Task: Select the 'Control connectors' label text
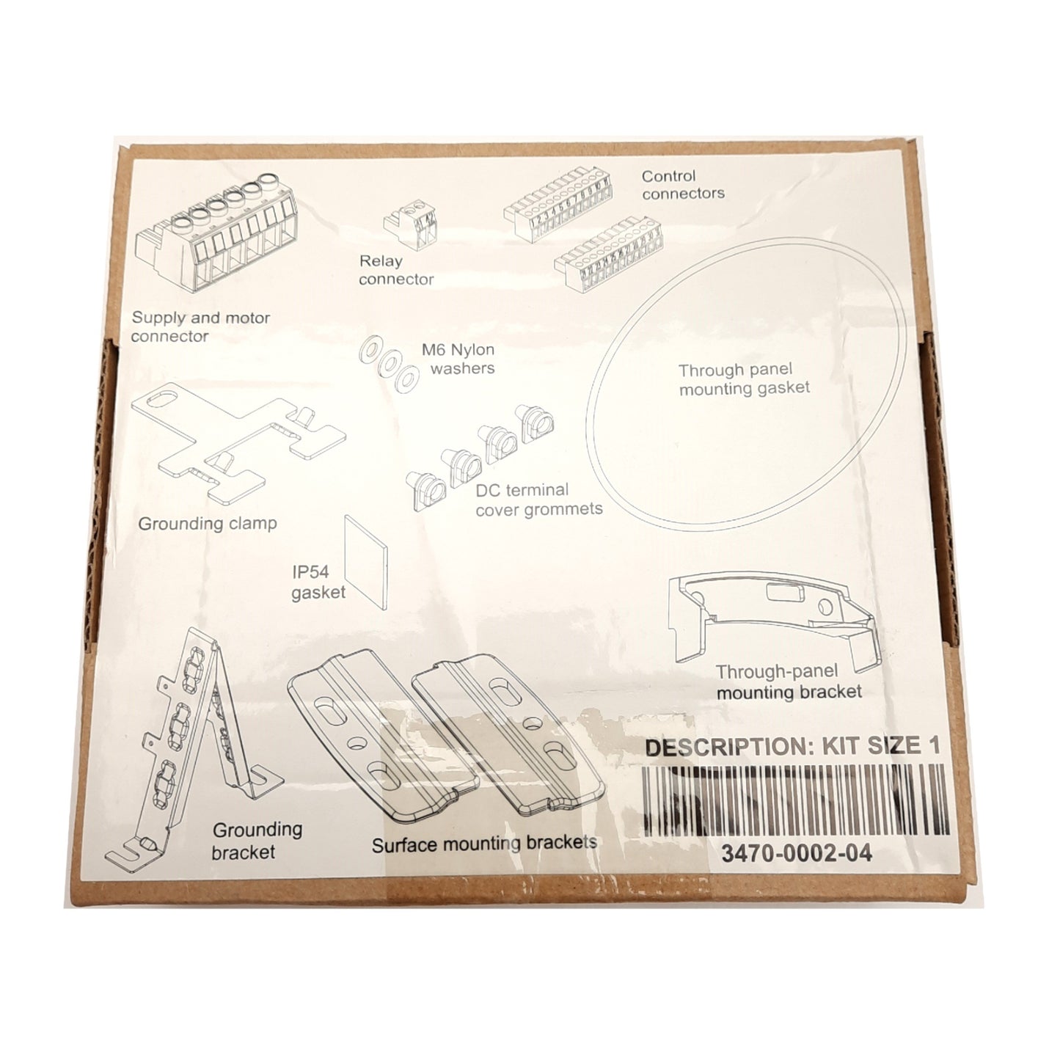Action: [x=682, y=185]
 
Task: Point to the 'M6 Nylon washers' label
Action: [x=462, y=359]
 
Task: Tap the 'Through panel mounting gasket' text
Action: [x=744, y=379]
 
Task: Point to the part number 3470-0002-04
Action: [x=796, y=855]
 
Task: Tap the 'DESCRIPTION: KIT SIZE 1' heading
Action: [x=791, y=747]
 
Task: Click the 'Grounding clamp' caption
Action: [x=208, y=524]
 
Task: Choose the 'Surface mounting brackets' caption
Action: [x=483, y=844]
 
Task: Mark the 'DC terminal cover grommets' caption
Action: [x=538, y=499]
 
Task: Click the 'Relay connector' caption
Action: [x=396, y=270]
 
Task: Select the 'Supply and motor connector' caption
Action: [x=200, y=327]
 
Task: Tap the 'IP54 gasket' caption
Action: [x=318, y=582]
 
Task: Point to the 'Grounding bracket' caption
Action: [x=257, y=841]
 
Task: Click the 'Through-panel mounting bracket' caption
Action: [x=789, y=681]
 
